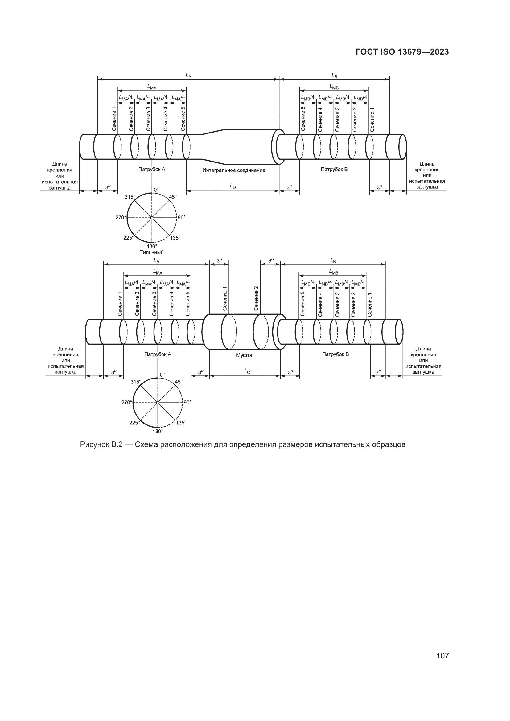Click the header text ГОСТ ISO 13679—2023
tap(402, 52)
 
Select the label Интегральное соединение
tap(234, 170)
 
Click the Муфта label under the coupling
tap(244, 355)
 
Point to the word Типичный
tap(152, 252)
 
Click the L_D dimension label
tap(233, 186)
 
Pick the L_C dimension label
tap(247, 371)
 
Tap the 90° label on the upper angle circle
tap(182, 217)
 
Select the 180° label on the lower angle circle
tap(158, 432)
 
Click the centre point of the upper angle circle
tap(152, 218)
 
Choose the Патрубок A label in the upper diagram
tap(152, 170)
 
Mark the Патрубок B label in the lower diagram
tap(335, 354)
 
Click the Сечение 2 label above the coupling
tap(256, 299)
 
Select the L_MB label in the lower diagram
tap(334, 272)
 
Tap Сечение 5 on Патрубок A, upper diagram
tap(183, 119)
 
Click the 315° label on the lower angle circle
tap(136, 382)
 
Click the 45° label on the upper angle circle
tap(173, 197)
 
